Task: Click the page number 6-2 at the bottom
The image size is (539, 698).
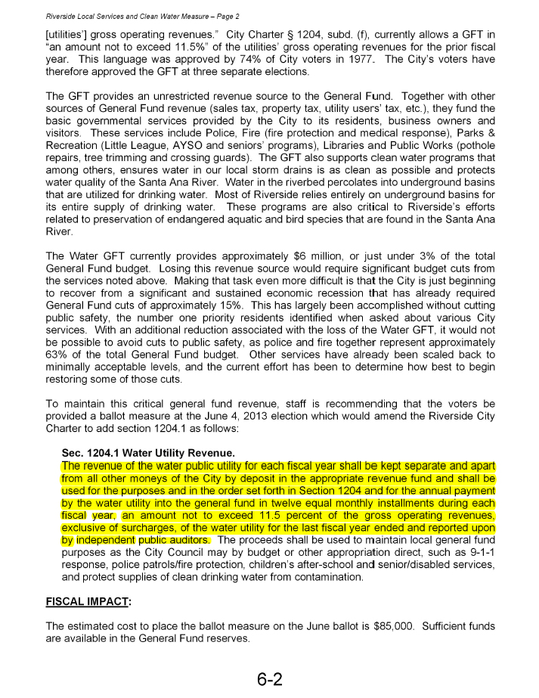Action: tap(269, 678)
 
